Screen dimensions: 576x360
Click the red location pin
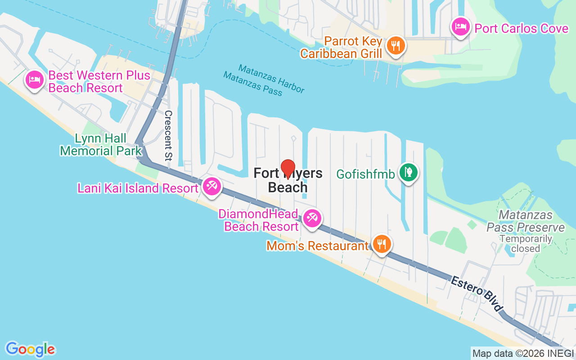pos(288,169)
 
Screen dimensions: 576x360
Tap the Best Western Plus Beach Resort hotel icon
pos(35,80)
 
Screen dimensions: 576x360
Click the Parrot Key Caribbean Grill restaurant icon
pos(396,45)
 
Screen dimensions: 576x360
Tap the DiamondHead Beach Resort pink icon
pos(311,218)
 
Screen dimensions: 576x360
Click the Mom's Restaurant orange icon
pos(382,244)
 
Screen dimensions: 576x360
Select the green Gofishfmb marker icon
pos(408,172)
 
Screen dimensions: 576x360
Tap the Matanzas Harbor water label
pos(271,78)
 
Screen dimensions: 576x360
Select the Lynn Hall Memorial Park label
pos(101,144)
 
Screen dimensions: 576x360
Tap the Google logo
pos(30,349)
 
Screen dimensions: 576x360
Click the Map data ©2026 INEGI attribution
pos(523,353)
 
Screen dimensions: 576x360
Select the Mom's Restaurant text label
pos(317,246)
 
